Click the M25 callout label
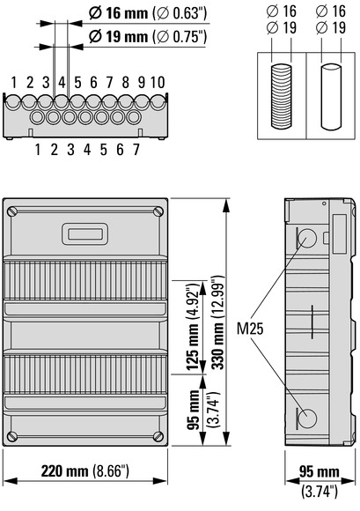pyautogui.click(x=250, y=329)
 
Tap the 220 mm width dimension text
pyautogui.click(x=64, y=471)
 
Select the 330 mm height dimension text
pyautogui.click(x=217, y=346)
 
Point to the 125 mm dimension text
pyautogui.click(x=192, y=346)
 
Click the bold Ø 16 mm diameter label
pyautogui.click(x=119, y=13)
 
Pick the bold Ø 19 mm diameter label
pyautogui.click(x=119, y=36)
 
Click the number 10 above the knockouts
pyautogui.click(x=158, y=83)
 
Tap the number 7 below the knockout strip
pyautogui.click(x=136, y=150)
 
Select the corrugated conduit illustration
pyautogui.click(x=282, y=96)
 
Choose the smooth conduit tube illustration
pyautogui.click(x=331, y=97)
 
